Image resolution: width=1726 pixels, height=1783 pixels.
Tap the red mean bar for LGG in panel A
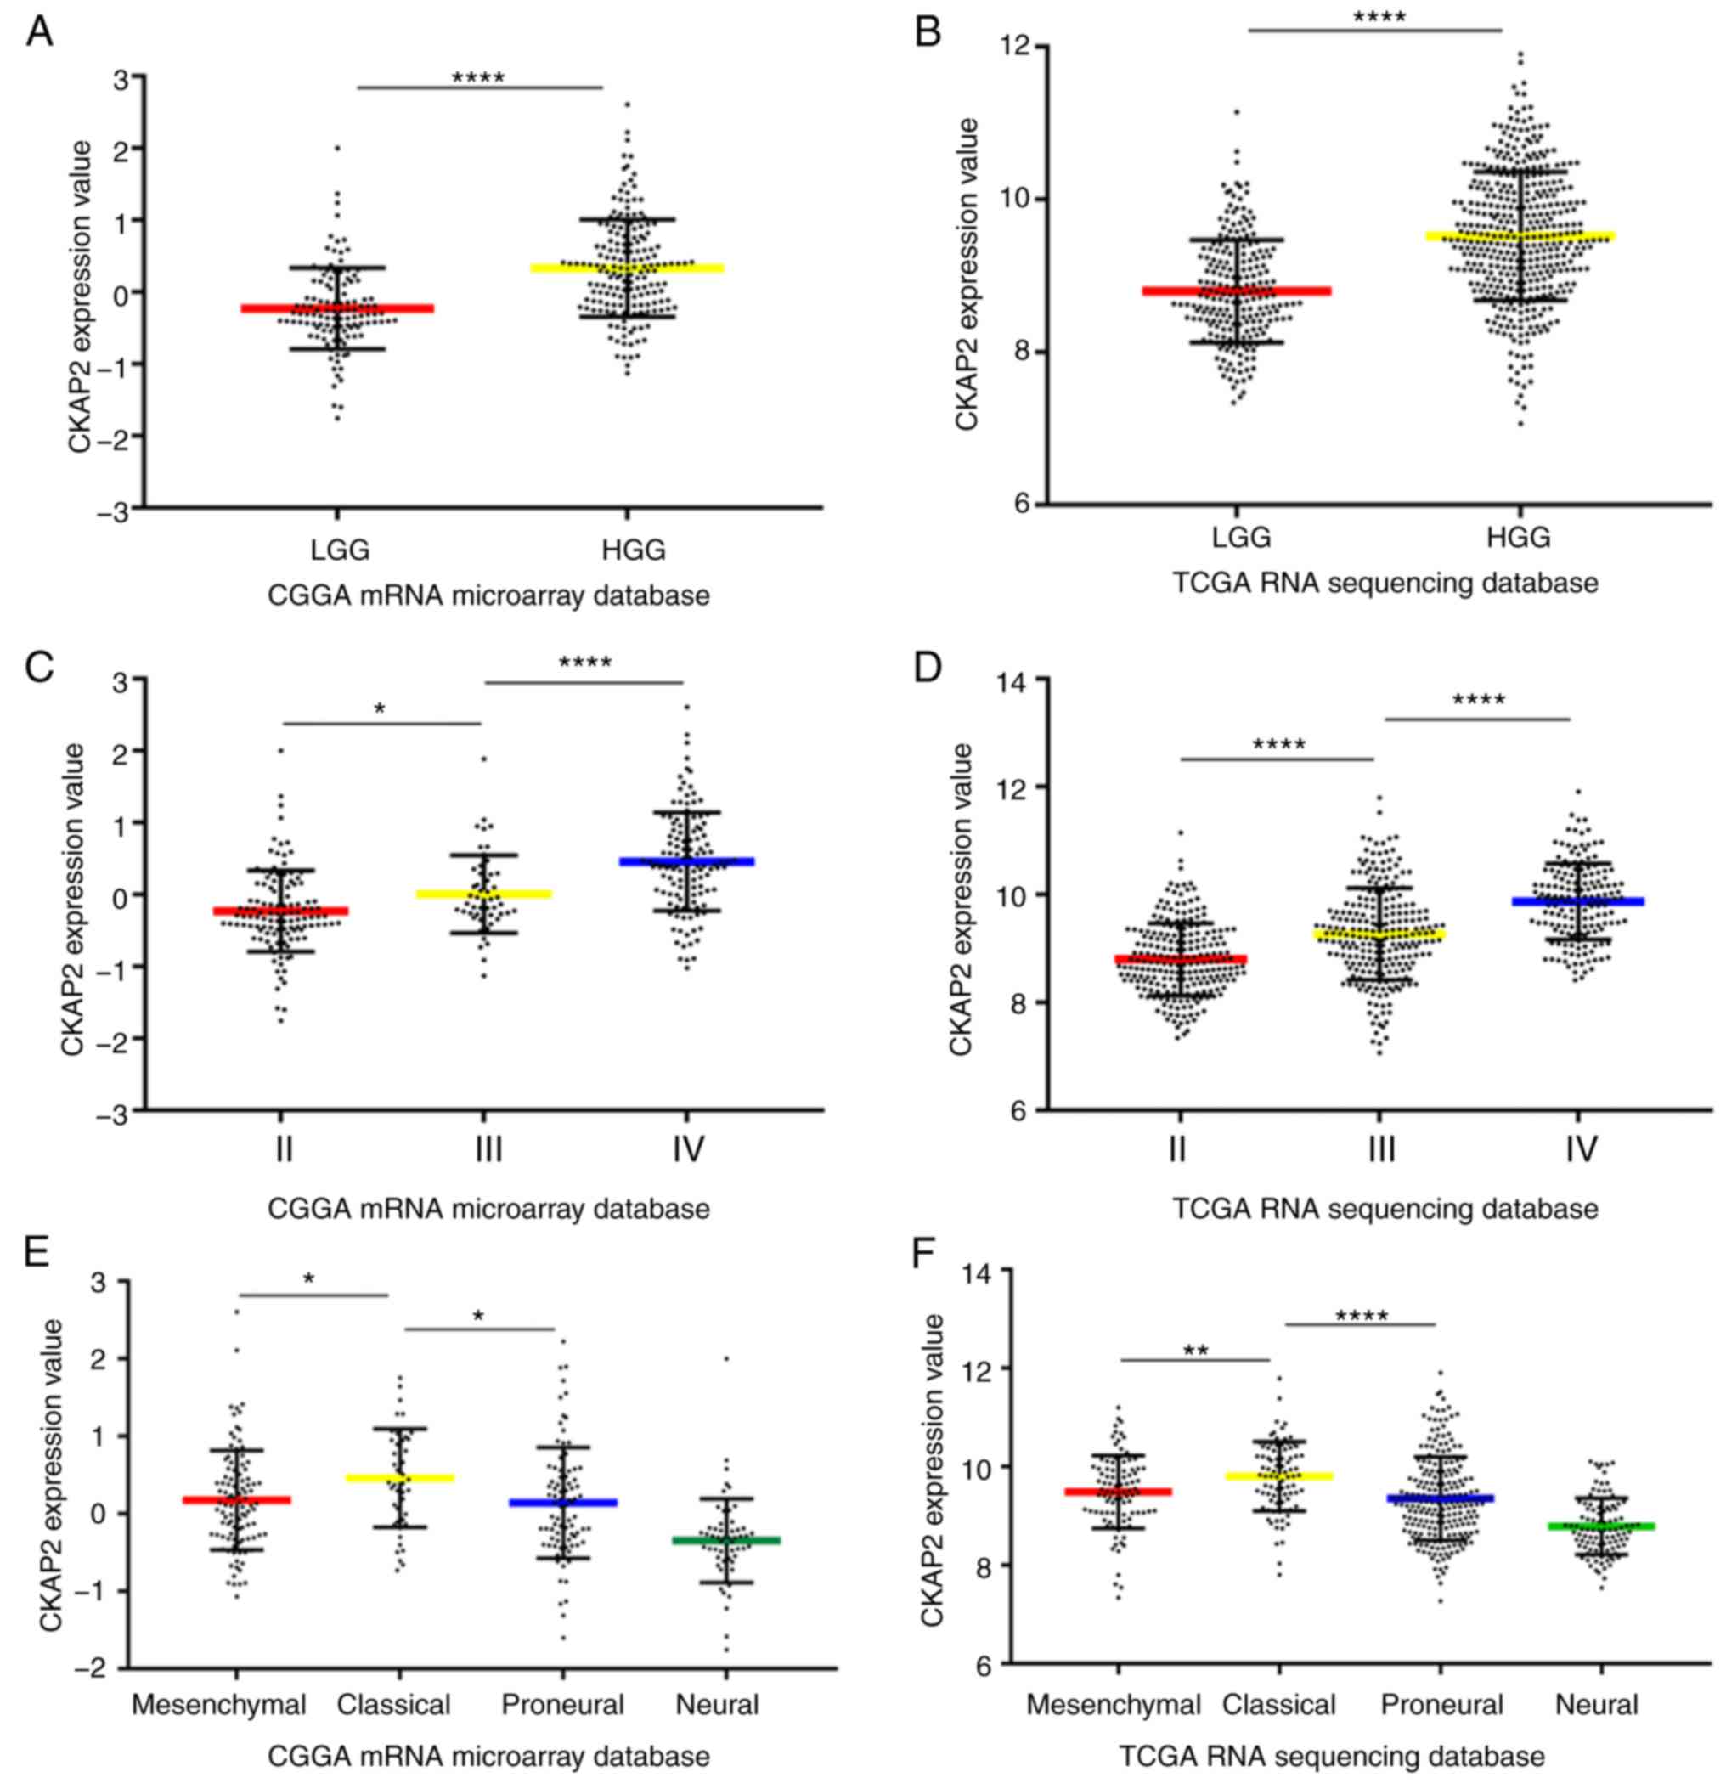(x=336, y=308)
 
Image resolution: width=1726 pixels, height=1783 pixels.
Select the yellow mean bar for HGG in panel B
(x=1519, y=236)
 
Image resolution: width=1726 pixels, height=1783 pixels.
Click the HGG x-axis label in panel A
(x=634, y=550)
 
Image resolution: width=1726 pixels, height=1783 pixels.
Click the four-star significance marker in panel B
(x=1379, y=17)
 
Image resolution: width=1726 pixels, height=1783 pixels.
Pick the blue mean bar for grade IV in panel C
(x=688, y=860)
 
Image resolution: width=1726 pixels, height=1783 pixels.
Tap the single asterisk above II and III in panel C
(x=381, y=708)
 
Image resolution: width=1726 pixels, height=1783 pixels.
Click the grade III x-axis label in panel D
(x=1381, y=1151)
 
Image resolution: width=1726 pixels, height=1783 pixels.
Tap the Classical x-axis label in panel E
(x=393, y=1704)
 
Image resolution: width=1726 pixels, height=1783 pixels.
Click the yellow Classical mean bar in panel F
(x=1278, y=1475)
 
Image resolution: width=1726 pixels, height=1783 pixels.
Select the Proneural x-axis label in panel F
(x=1441, y=1704)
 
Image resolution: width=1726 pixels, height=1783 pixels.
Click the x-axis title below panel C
(x=488, y=1208)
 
